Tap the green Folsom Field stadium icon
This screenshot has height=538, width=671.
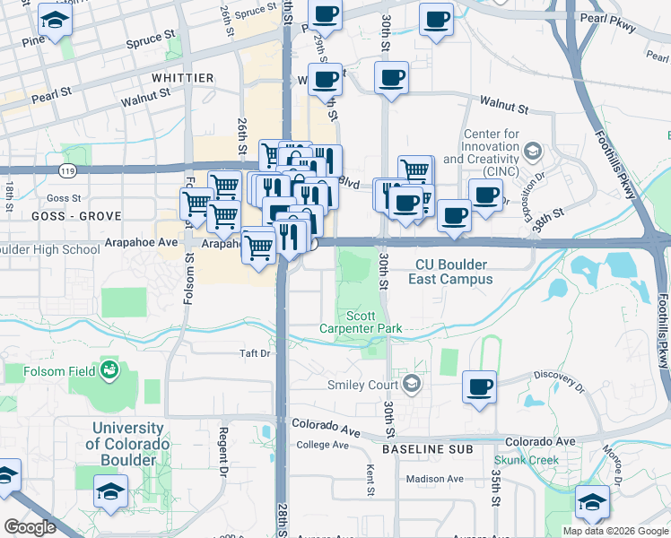click(109, 368)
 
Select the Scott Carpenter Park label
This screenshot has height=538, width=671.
click(361, 322)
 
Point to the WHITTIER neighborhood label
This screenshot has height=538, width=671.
click(183, 79)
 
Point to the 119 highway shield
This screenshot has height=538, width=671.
click(67, 169)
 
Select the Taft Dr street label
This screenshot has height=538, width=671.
click(254, 353)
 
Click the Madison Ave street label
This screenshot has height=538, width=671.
click(434, 479)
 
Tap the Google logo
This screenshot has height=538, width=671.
click(30, 527)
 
